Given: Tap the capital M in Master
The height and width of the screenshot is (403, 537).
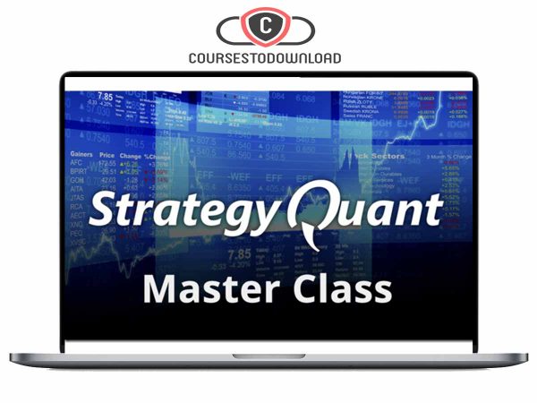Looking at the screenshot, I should coord(160,289).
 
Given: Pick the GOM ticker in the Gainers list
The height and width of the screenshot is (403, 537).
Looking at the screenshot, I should coord(77,179).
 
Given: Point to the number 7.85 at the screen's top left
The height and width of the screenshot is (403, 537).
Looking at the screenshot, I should coord(106,96).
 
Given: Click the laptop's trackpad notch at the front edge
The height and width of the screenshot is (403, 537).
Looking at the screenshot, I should coord(268,356).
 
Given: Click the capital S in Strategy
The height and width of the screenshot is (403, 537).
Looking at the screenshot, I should coord(105,210).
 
